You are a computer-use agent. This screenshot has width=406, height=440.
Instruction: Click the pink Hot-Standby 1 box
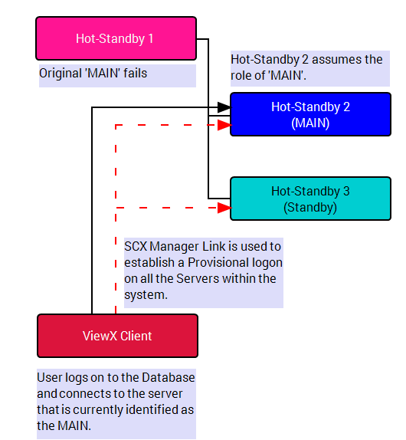point(116,38)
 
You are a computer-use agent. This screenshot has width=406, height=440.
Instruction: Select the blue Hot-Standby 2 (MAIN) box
point(310,114)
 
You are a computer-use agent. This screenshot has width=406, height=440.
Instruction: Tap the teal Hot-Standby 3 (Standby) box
point(310,199)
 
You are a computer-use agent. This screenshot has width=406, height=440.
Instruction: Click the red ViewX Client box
point(117,336)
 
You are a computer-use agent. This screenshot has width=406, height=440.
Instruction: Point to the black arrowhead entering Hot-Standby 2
point(224,107)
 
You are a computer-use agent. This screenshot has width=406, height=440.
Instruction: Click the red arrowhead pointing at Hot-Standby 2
point(224,125)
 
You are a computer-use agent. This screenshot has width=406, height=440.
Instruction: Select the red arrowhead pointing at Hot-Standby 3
point(224,208)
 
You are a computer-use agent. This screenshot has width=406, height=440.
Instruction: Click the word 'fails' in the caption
point(136,74)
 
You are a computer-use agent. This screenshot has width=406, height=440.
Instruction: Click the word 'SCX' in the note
point(136,246)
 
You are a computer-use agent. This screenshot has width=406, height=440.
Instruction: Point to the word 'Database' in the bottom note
point(169,377)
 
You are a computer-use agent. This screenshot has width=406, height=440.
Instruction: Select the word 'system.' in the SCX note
point(146,295)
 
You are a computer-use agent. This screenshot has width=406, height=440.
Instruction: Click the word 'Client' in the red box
point(136,336)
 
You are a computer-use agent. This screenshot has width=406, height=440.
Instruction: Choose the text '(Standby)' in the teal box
point(310,208)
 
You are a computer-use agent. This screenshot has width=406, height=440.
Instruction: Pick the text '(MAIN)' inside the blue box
point(310,123)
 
